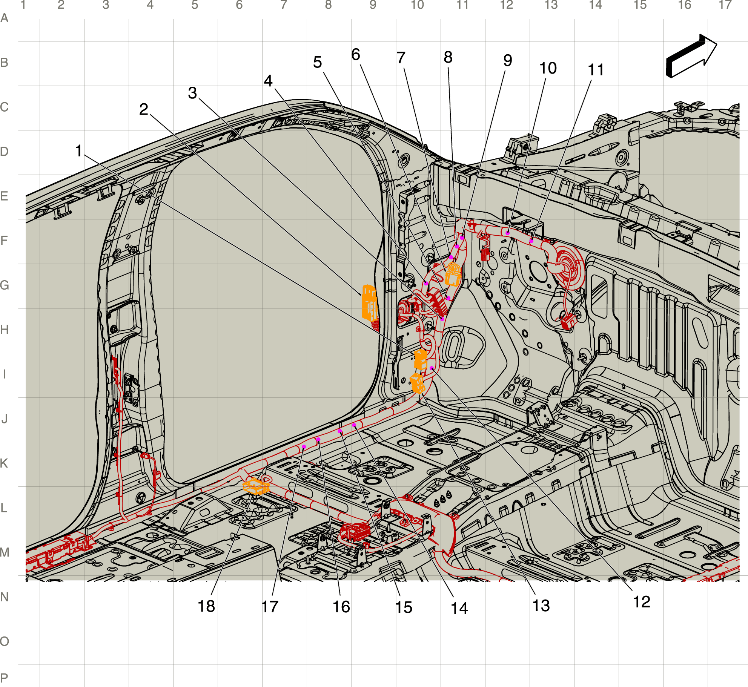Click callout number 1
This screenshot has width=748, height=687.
pos(78,151)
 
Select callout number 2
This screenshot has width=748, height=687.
pos(144,109)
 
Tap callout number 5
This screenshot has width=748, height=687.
pos(318,62)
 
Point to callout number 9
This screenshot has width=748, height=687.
pos(508,60)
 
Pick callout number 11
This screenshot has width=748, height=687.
pos(596,70)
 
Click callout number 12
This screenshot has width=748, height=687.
pos(642,602)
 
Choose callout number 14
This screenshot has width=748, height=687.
pos(459,608)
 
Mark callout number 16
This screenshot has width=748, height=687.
pos(341,607)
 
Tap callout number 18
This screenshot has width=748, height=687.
pos(206,606)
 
